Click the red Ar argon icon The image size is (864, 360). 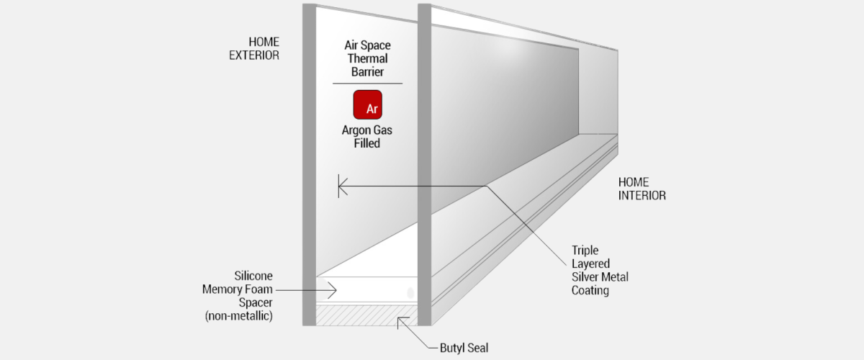point(368,104)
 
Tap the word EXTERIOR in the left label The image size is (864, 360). point(254,55)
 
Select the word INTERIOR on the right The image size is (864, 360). point(642,196)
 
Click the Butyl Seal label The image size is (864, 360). point(464,348)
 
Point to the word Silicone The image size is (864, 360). point(253,276)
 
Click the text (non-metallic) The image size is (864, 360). point(239,316)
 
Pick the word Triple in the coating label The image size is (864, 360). point(585,251)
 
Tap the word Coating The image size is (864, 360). point(590,291)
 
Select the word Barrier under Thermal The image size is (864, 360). point(368,72)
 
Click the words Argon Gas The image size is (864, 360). point(366,130)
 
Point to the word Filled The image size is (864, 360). point(367,143)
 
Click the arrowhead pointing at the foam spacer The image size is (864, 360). point(333,290)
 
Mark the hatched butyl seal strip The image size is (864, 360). point(366,315)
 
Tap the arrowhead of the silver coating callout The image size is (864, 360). point(343,186)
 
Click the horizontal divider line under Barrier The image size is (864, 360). point(368,84)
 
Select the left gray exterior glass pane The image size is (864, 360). point(310,165)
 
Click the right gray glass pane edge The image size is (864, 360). point(424,165)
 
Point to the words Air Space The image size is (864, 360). point(368,45)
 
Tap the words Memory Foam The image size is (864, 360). point(237,289)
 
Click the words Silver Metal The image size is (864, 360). point(600,277)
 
